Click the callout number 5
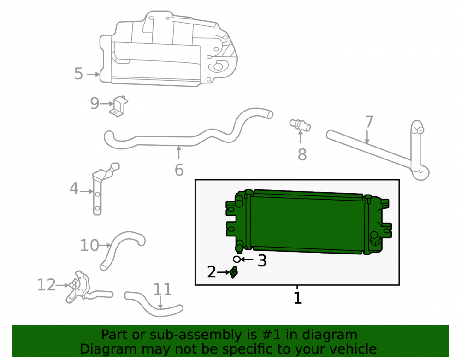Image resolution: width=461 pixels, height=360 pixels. (78, 73)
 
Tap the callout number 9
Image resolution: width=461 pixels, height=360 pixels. (95, 103)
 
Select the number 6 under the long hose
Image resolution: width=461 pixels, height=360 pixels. (179, 170)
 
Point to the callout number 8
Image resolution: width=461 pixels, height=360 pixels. (302, 154)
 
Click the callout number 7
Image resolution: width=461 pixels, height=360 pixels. (369, 122)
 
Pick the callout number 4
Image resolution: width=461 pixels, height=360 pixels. (74, 189)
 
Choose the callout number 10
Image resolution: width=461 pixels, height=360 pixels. (90, 245)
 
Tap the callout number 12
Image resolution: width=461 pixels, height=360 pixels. (47, 285)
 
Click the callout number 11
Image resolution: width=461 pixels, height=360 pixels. (163, 289)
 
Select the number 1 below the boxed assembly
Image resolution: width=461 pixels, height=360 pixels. (298, 298)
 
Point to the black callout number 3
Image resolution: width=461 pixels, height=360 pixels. (262, 261)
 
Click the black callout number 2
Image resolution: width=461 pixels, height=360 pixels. (212, 272)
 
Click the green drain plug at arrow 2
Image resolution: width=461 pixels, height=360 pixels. (234, 272)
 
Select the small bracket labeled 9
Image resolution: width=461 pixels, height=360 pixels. (119, 106)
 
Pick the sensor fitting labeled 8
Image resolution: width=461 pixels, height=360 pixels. (300, 125)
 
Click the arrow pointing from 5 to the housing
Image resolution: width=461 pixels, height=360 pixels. (93, 74)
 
